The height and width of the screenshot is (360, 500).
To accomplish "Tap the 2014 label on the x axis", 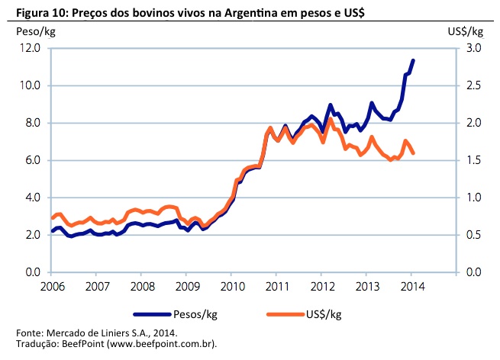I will pos(412,287).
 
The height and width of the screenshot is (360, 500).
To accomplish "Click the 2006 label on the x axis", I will pos(53,287).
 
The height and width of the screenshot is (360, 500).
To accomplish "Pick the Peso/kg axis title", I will pos(35,31).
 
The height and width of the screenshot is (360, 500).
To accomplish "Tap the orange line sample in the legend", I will pos(286,313).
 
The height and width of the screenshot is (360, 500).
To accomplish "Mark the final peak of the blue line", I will pos(413,60).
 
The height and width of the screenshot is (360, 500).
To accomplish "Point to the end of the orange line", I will pos(413,153).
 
